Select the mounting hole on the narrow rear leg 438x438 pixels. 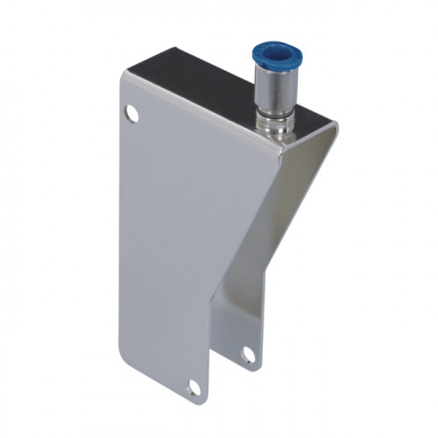click(x=249, y=354)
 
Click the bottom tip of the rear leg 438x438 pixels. click(x=254, y=367)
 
